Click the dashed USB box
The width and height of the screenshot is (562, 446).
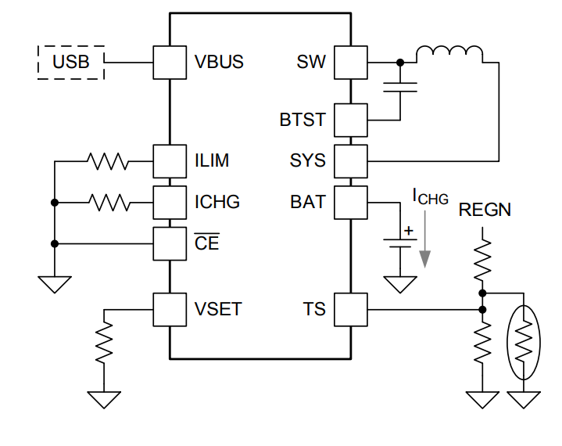[x=70, y=62]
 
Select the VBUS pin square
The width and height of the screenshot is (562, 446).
[x=170, y=62]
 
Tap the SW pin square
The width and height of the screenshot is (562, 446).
[x=351, y=62]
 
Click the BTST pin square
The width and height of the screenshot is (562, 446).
[x=351, y=120]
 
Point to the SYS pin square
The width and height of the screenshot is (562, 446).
[x=351, y=161]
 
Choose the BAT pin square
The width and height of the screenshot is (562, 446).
[x=351, y=203]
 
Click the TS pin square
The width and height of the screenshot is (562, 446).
[x=351, y=310]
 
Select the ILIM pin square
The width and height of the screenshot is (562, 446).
[x=170, y=161]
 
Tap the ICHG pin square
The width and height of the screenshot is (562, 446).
[x=170, y=203]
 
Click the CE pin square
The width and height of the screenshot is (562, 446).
[x=170, y=243]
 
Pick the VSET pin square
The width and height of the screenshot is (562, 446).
[x=170, y=310]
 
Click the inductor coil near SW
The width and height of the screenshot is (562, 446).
[x=449, y=53]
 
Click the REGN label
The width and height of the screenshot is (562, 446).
[x=485, y=210]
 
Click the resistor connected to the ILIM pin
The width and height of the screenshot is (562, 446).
[x=109, y=161]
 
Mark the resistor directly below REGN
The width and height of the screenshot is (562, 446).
[x=483, y=258]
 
